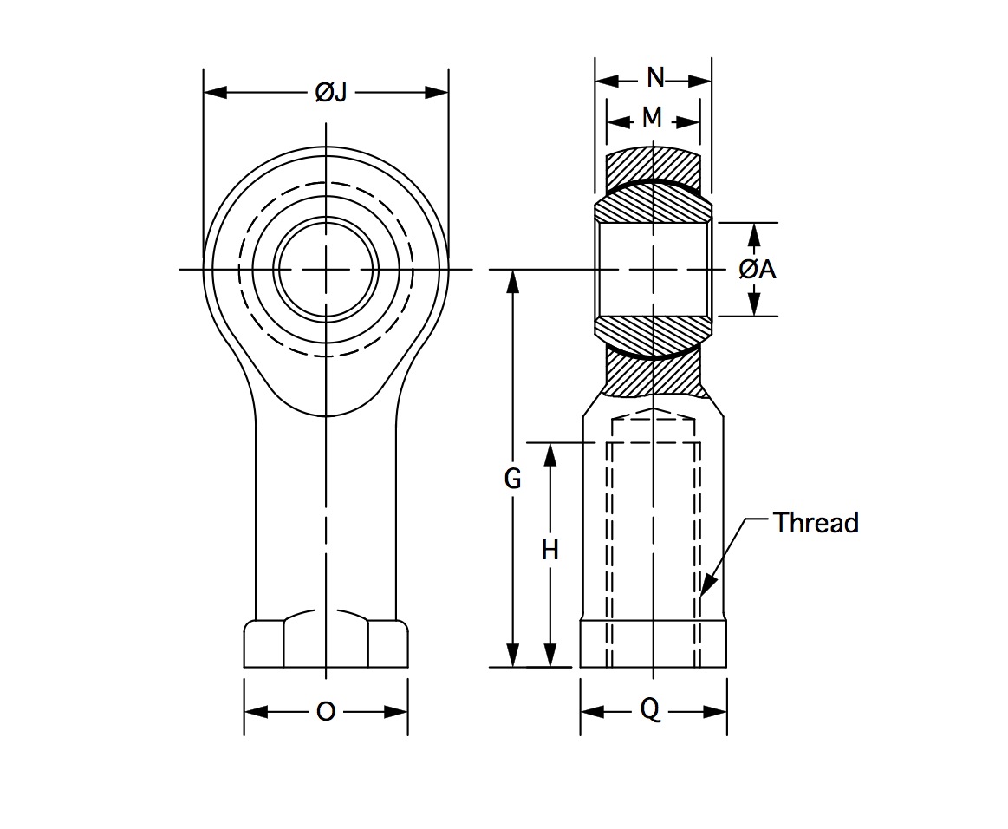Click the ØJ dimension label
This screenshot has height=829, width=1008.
pos(331,94)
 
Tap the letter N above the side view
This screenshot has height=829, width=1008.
pos(655,78)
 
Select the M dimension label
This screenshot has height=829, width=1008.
pos(652,118)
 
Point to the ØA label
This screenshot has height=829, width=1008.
pos(758,269)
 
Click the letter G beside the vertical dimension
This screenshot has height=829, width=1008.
pos(512,480)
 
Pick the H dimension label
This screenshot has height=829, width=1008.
pos(550,551)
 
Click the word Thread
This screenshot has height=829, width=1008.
pos(816,523)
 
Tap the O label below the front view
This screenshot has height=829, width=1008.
pos(326,712)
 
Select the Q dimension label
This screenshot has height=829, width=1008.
pos(650,710)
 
